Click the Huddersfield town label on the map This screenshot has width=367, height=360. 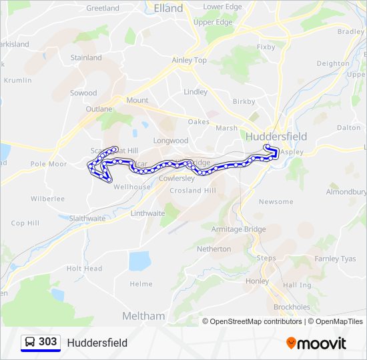point(276,136)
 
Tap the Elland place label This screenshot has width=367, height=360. point(168,9)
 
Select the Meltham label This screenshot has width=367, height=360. point(143,315)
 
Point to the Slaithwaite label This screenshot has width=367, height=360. point(87,218)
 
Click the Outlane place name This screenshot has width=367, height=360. point(99,109)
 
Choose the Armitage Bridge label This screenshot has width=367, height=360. point(238,229)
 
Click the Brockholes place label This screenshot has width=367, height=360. point(292,307)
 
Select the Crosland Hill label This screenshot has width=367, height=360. point(194,191)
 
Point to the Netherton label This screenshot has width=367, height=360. point(214,249)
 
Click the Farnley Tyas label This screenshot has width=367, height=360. point(335,259)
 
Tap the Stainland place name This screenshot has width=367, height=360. point(86,58)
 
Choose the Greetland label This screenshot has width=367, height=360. point(103,9)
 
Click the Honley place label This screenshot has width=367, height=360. point(257,281)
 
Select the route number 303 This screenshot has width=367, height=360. point(47,342)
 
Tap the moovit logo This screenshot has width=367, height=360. point(316,343)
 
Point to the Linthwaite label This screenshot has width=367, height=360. point(147,213)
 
